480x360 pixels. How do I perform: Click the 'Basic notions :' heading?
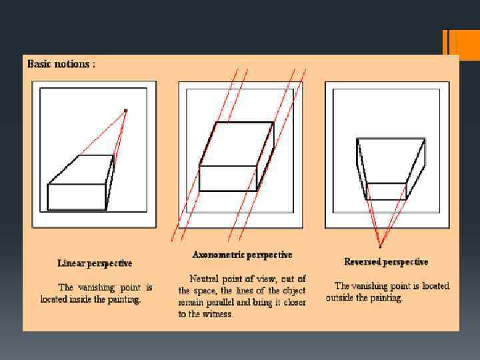pyautogui.click(x=61, y=64)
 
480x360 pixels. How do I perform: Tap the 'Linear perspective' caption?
pyautogui.click(x=95, y=263)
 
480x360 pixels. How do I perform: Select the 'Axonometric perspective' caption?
pyautogui.click(x=242, y=255)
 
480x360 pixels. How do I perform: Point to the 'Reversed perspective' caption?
pyautogui.click(x=386, y=262)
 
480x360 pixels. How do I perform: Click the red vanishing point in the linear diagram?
pyautogui.click(x=125, y=111)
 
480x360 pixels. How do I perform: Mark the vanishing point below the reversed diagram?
pyautogui.click(x=380, y=246)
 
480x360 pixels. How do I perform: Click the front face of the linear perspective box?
pyautogui.click(x=77, y=197)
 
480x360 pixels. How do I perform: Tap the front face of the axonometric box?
pyautogui.click(x=228, y=179)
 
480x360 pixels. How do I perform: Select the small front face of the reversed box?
pyautogui.click(x=386, y=191)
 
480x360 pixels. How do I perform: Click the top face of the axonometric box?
pyautogui.click(x=237, y=144)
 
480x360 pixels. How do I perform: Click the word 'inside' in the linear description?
pyautogui.click(x=81, y=299)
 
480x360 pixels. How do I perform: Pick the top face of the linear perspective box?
pyautogui.click(x=81, y=169)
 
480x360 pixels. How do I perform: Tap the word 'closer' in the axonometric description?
pyautogui.click(x=295, y=303)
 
